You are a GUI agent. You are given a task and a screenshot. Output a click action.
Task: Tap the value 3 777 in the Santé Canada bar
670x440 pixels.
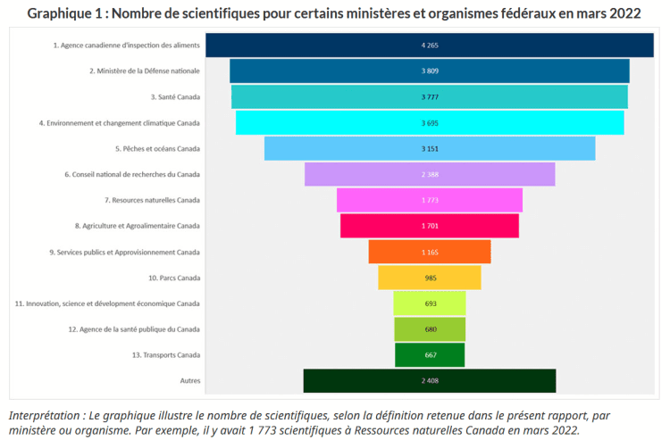(x=430, y=96)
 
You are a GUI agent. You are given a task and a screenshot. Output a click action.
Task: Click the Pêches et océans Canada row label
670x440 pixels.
(x=157, y=148)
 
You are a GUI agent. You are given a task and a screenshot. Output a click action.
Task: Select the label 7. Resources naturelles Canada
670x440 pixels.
(x=152, y=200)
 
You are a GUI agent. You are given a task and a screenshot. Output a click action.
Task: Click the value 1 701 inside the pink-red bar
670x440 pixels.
(x=430, y=226)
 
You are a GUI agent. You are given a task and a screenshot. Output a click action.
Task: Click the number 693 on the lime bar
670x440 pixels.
(x=430, y=303)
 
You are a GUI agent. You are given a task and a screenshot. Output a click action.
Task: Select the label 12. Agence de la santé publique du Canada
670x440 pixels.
(x=134, y=329)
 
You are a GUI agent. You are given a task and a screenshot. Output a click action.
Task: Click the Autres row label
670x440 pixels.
(x=189, y=381)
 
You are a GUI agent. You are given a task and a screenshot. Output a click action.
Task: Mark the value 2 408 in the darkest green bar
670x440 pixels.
(x=430, y=381)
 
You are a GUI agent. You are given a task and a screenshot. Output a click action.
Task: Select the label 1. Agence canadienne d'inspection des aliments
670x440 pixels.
(x=126, y=45)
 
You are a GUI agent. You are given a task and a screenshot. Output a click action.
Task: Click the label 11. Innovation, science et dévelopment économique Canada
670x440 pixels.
(x=107, y=303)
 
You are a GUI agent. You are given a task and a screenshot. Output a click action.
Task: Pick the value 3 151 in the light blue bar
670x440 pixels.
(x=430, y=148)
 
